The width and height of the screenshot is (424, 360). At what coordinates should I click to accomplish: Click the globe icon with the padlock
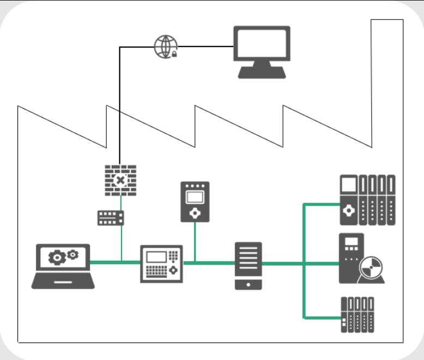point(166,46)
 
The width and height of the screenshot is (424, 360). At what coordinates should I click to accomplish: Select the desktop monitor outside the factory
point(262,51)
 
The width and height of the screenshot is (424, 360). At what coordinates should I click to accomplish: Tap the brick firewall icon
point(120,180)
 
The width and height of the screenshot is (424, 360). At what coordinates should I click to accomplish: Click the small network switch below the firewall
point(111,218)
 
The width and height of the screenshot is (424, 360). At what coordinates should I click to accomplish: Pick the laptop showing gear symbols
point(63,266)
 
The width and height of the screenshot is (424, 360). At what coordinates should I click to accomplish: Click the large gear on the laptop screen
point(57,257)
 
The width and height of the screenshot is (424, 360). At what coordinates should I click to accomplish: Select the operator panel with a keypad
point(161,263)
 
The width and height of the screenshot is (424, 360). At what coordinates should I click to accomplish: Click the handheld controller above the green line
point(195,202)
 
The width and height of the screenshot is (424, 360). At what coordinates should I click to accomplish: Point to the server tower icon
point(248,266)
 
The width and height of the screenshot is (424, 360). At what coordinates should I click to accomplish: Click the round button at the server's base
point(248,284)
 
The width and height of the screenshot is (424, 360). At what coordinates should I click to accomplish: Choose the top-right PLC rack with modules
point(367,200)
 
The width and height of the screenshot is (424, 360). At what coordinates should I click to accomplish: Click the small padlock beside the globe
point(174,54)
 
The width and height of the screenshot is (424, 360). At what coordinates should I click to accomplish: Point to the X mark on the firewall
point(120,180)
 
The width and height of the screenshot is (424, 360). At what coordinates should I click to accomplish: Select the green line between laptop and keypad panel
point(114,262)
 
